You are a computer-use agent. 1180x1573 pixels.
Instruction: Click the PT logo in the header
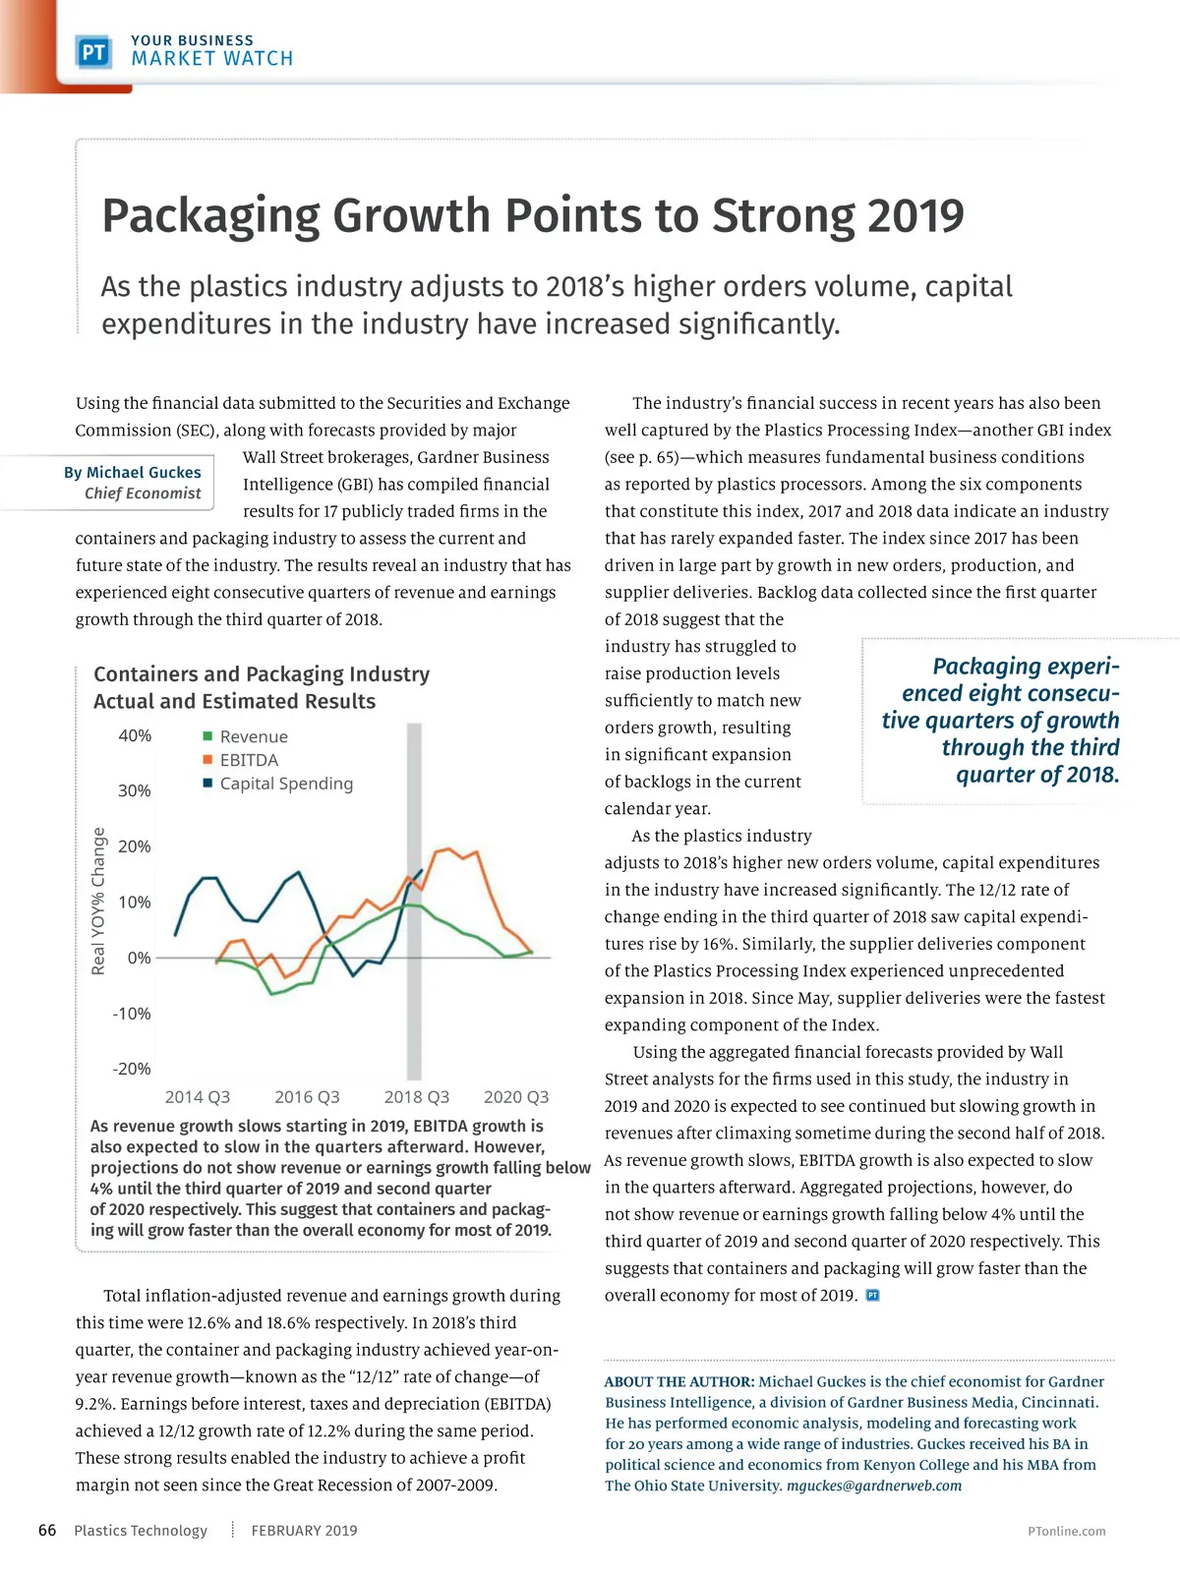[x=93, y=51]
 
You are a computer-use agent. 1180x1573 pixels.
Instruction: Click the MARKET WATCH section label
[x=212, y=59]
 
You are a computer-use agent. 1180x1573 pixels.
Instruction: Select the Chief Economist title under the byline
[x=143, y=494]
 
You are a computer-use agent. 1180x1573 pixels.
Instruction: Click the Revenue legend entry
[x=253, y=737]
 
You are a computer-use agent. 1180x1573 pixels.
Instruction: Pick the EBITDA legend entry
[x=248, y=760]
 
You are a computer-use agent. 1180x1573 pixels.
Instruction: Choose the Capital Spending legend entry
[x=285, y=784]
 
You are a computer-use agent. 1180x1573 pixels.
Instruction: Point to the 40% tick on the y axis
[x=135, y=735]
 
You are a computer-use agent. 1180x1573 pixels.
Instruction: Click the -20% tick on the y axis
[x=132, y=1069]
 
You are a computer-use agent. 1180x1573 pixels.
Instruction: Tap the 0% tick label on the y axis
[x=140, y=958]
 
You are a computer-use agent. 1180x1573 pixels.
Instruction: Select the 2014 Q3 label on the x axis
[x=197, y=1097]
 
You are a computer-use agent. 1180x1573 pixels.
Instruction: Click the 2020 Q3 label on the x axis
[x=516, y=1097]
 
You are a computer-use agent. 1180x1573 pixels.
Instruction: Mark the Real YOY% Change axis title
[x=98, y=901]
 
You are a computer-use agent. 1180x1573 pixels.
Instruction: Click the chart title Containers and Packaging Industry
[x=262, y=674]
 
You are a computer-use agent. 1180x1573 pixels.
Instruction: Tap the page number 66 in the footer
[x=47, y=1531]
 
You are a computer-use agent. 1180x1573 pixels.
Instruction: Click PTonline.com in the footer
[x=1066, y=1532]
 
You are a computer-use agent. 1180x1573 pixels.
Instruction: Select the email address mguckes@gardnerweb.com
[x=874, y=1486]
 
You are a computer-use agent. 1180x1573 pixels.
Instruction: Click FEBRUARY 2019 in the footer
[x=304, y=1531]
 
